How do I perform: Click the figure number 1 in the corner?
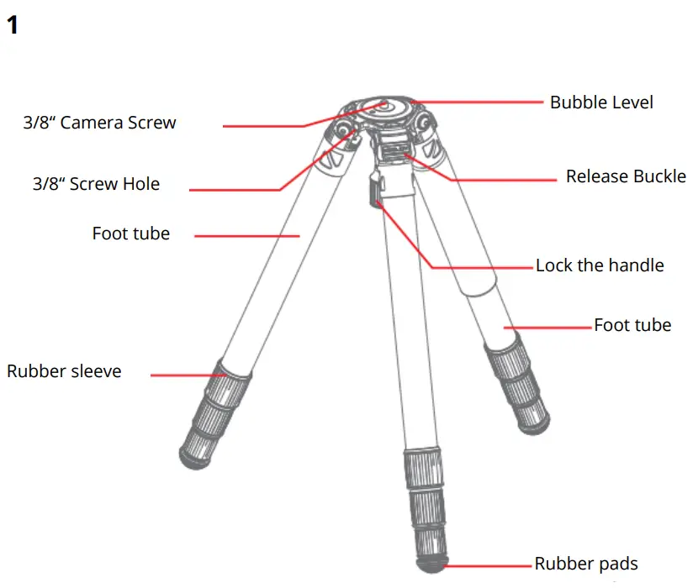(12, 25)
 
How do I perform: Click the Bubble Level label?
(600, 102)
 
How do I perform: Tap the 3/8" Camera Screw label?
(99, 123)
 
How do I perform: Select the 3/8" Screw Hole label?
(96, 184)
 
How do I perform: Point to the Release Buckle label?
(625, 177)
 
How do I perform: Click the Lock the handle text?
(599, 265)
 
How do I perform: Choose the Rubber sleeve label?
(64, 371)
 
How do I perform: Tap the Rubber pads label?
(585, 564)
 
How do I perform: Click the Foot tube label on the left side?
(130, 234)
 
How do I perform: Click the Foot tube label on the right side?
(632, 325)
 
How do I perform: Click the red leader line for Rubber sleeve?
(185, 374)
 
